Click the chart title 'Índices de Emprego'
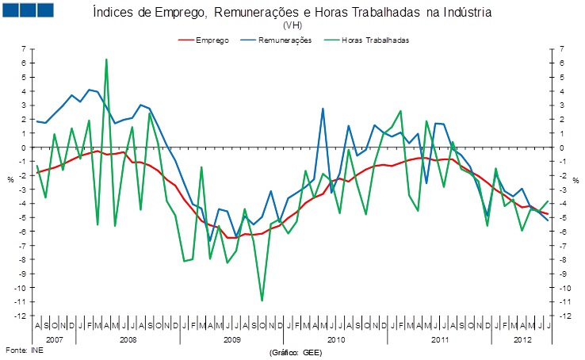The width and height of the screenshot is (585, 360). click(292, 13)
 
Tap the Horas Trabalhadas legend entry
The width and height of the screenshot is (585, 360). click(373, 40)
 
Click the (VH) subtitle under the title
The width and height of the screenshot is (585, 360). click(292, 25)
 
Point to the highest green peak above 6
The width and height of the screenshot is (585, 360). click(106, 59)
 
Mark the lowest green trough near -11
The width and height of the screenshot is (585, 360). click(262, 301)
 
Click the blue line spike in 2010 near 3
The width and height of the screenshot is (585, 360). click(323, 109)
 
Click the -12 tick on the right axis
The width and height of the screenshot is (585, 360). click(561, 316)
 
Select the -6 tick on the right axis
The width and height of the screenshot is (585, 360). click(561, 232)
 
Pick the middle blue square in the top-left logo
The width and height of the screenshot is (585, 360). click(29, 10)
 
